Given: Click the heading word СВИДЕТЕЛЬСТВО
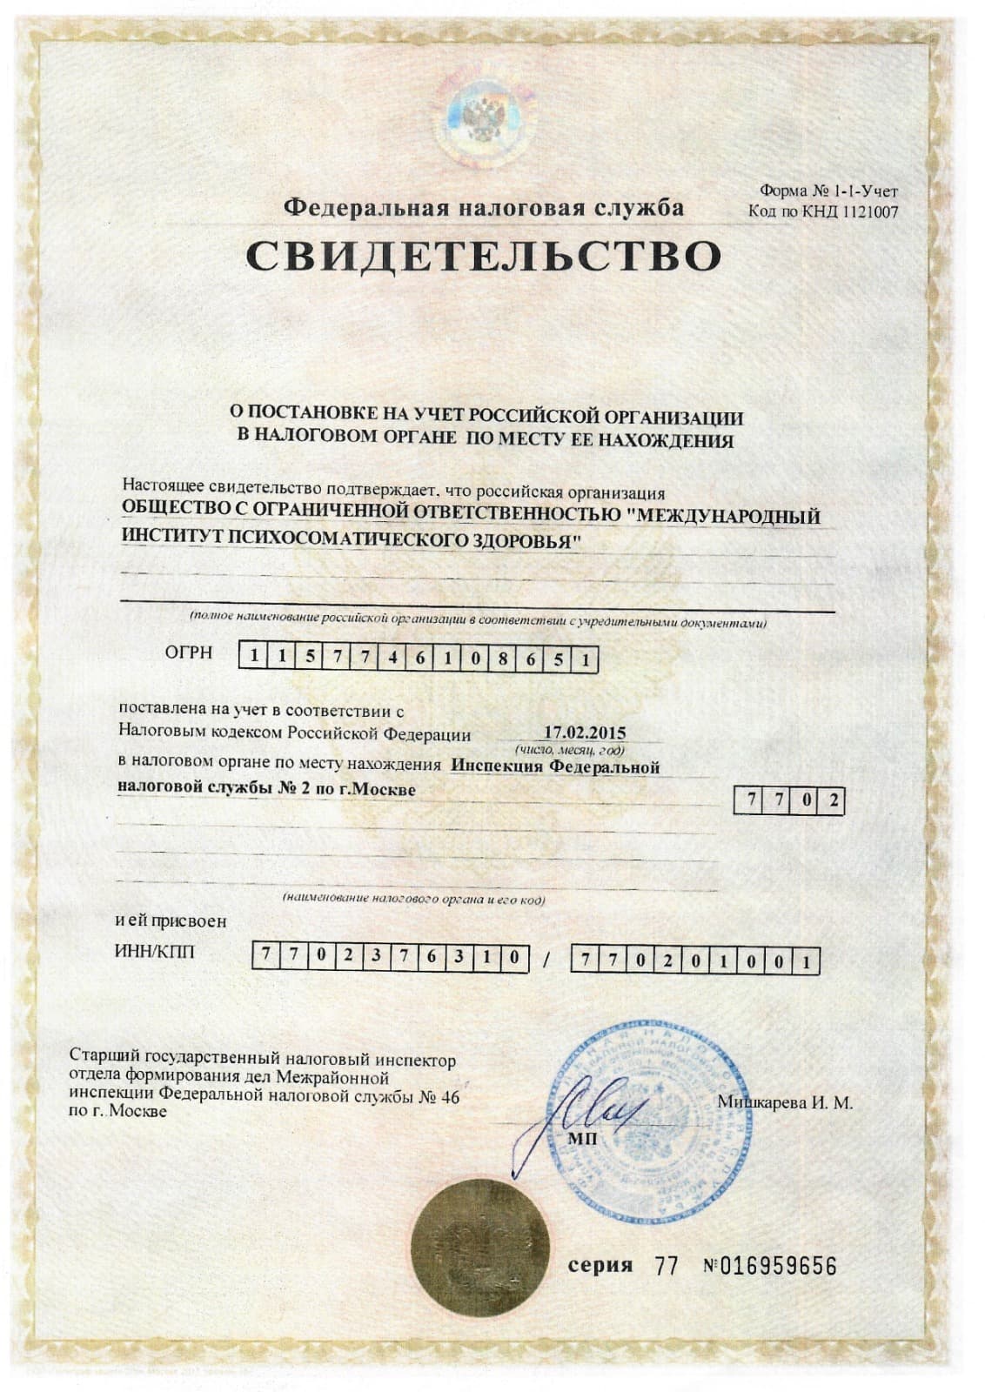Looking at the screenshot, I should coord(483,256).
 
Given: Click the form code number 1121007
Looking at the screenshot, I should coord(869,211).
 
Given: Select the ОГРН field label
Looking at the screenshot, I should coord(189,653).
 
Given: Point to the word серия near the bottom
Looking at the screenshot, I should coord(600,1265).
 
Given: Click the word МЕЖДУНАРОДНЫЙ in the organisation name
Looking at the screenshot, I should coord(728,517).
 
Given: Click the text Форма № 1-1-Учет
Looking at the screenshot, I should coord(828,191).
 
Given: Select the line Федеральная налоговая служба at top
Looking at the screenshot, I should coord(485,209).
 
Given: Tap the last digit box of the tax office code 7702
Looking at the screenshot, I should coord(834,800).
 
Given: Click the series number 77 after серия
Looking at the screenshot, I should coord(667,1266).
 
